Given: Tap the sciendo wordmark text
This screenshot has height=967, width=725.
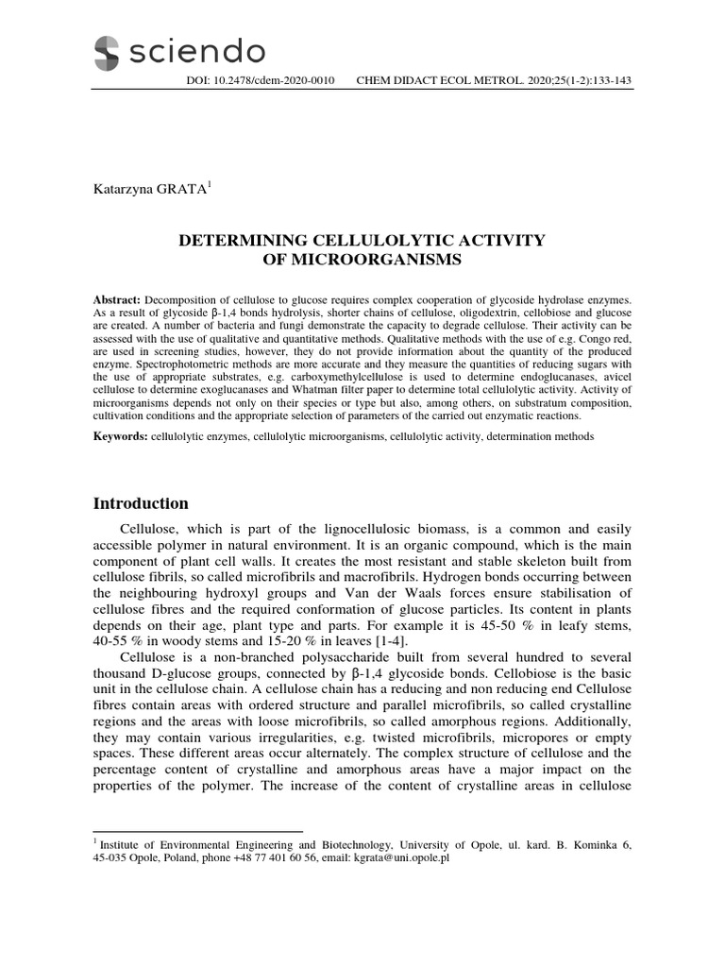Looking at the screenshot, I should [197, 51].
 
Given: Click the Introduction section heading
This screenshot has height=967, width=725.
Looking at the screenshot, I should [140, 503].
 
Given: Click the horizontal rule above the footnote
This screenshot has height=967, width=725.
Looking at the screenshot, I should [197, 832].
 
